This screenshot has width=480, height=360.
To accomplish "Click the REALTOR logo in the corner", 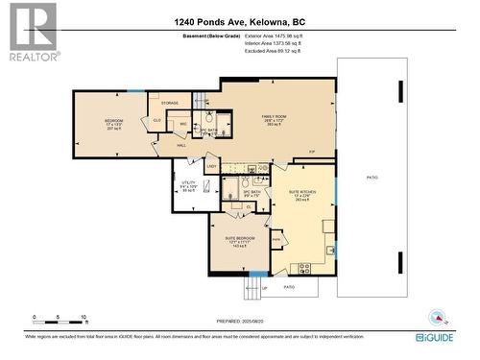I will [33, 32].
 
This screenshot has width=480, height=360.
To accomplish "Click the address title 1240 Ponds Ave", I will [240, 21].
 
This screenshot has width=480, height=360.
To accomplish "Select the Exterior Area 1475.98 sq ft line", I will [267, 36].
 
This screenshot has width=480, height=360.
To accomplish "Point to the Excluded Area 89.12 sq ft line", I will [266, 52].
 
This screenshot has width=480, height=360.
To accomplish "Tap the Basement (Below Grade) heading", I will [204, 36].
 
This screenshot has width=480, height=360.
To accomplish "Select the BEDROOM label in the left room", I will [114, 120].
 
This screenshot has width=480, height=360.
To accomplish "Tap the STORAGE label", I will [170, 102].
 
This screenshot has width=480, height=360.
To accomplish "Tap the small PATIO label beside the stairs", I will [289, 286].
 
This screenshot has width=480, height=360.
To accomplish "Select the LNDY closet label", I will [211, 166].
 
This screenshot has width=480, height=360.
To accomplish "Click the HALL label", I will [180, 145].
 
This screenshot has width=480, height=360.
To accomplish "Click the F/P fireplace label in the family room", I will [312, 152].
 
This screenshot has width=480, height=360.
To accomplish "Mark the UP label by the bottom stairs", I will [264, 287].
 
